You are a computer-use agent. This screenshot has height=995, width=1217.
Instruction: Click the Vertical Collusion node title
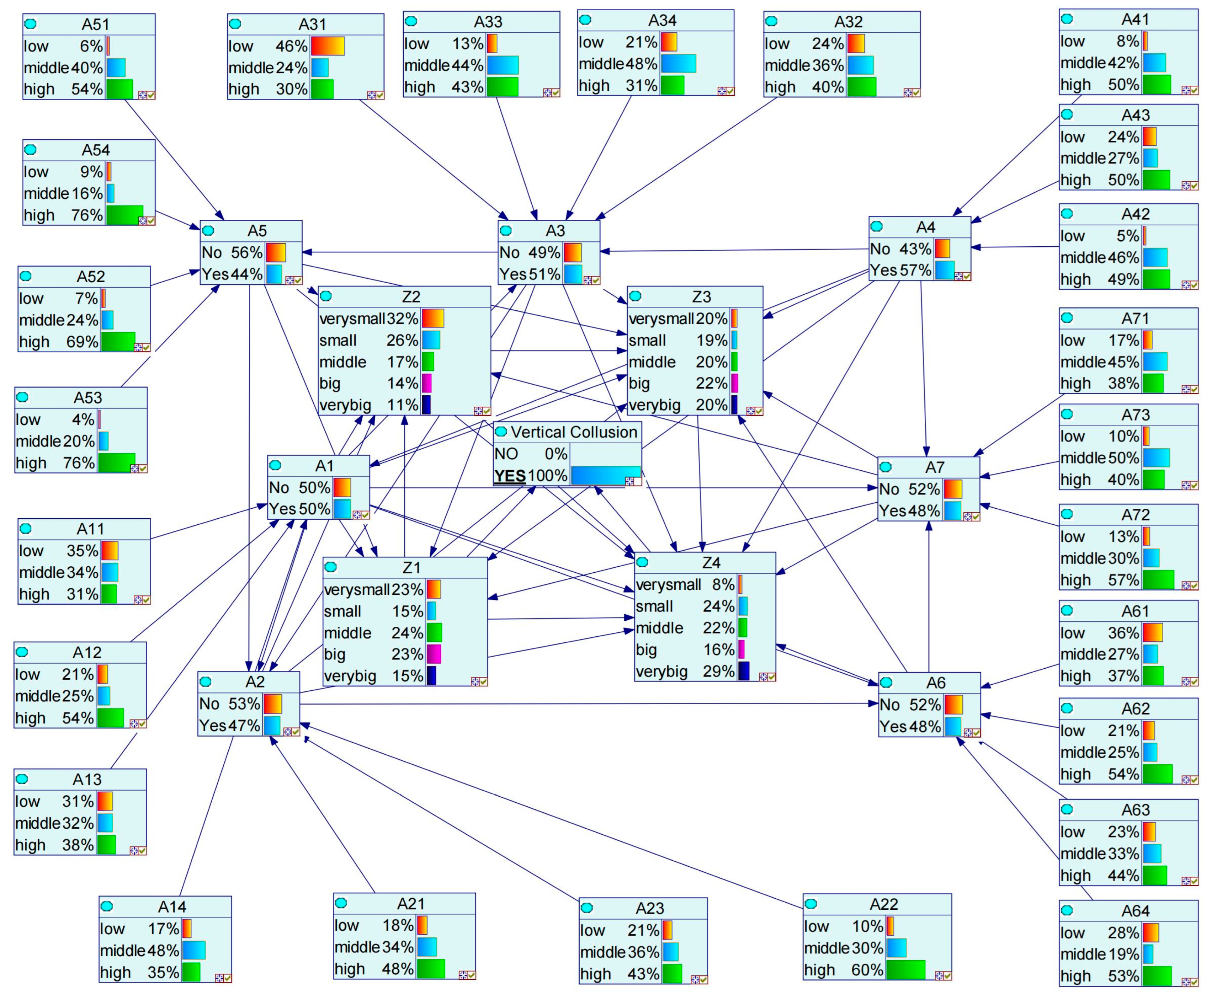(x=574, y=432)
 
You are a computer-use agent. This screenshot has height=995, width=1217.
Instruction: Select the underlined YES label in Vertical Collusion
(x=510, y=476)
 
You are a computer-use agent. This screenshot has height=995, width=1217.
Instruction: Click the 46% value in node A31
(x=291, y=46)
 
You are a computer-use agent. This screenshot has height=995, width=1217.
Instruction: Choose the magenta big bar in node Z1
(x=434, y=654)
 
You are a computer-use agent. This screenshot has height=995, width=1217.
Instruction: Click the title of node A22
(x=883, y=904)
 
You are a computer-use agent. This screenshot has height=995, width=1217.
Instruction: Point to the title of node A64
(x=1135, y=911)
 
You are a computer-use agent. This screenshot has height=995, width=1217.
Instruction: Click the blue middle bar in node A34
(x=678, y=64)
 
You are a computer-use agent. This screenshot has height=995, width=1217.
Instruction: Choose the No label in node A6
(x=890, y=705)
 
